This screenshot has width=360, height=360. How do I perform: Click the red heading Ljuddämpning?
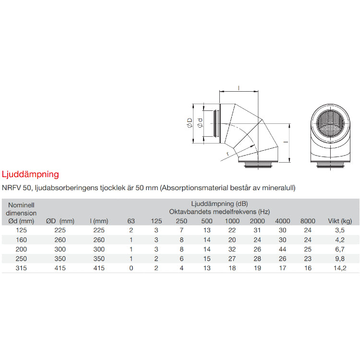30,175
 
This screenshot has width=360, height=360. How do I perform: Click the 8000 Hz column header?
308,221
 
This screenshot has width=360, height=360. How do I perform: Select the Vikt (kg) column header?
340,221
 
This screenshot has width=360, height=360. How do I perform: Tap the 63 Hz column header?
131,221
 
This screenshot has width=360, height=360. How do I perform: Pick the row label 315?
21,268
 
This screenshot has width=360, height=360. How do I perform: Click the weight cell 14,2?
340,268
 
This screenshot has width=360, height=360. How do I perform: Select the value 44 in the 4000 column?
282,249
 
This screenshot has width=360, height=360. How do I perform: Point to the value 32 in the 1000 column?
232,249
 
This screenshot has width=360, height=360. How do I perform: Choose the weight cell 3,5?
340,230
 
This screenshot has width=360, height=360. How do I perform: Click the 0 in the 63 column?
131,268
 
